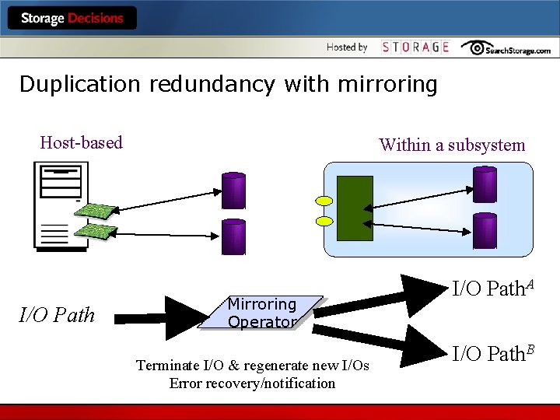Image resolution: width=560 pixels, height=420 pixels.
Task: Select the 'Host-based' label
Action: [81, 142]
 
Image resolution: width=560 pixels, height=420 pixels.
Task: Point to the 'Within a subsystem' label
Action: [452, 145]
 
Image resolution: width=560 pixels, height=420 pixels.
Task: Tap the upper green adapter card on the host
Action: [96, 210]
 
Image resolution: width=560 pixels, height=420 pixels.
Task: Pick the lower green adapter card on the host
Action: [96, 231]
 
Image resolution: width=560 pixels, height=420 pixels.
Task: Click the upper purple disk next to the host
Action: [233, 191]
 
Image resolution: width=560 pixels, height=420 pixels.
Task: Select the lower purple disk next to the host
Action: [233, 236]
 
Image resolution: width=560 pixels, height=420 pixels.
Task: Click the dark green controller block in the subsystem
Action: [355, 208]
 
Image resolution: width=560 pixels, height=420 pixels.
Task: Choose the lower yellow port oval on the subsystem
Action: [324, 221]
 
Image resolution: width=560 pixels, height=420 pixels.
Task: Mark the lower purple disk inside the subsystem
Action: [485, 231]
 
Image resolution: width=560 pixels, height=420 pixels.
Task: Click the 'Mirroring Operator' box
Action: [261, 313]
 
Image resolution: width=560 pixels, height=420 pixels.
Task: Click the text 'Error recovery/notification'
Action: [252, 383]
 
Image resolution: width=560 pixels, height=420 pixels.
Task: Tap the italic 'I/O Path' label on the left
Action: [57, 315]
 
